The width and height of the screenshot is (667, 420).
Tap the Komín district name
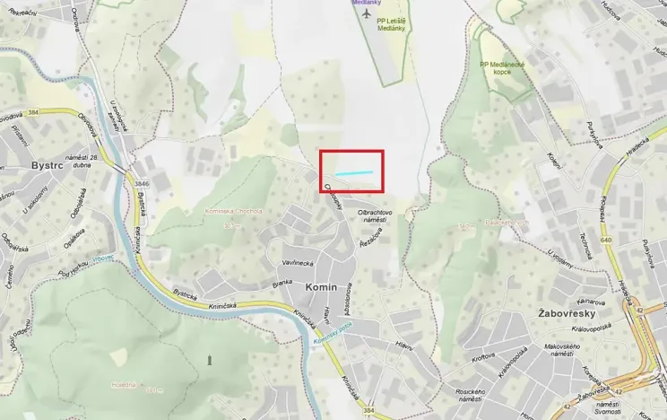tap(321, 286)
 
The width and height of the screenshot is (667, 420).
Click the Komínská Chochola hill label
tap(231, 212)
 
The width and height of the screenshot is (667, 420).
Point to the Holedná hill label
tap(124, 384)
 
